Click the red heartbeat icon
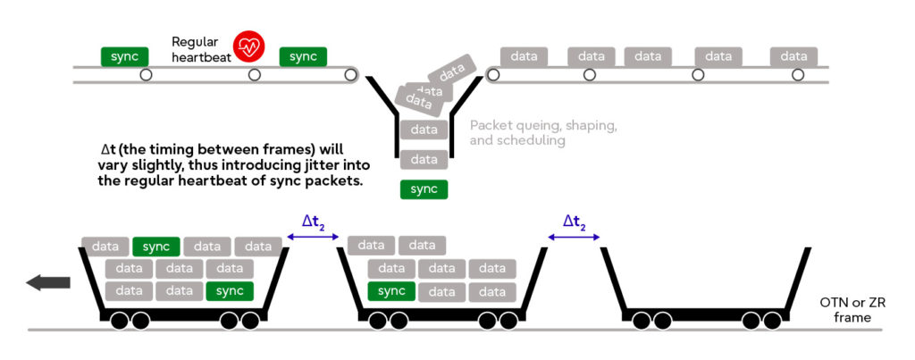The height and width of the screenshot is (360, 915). click(x=248, y=47)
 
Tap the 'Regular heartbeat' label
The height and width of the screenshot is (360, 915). click(x=201, y=48)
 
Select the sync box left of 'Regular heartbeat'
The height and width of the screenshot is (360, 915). click(x=124, y=56)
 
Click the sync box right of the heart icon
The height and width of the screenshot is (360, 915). click(x=303, y=56)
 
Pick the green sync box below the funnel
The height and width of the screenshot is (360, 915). click(x=424, y=189)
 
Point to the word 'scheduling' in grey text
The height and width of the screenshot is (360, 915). click(x=534, y=140)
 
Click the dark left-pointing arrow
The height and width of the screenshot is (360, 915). click(x=48, y=283)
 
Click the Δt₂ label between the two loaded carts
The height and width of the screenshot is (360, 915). click(x=312, y=223)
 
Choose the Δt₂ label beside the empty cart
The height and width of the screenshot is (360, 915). click(x=574, y=223)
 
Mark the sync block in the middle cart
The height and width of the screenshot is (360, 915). click(x=391, y=291)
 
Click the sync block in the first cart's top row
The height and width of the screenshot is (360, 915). click(x=156, y=246)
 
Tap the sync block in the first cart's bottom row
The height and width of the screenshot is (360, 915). click(x=230, y=291)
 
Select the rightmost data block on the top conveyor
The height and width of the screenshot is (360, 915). click(x=793, y=56)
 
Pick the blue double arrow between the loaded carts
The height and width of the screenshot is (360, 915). click(x=312, y=237)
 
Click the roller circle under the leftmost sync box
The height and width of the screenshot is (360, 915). click(x=146, y=75)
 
